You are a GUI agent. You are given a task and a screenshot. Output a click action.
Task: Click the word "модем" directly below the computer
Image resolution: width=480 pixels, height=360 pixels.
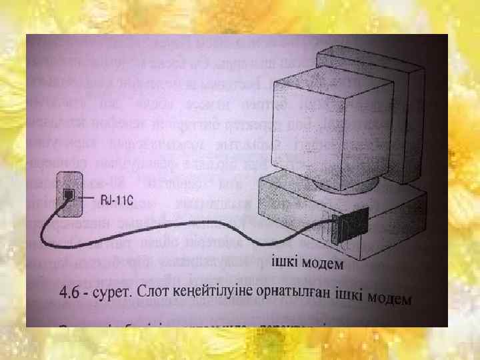325,264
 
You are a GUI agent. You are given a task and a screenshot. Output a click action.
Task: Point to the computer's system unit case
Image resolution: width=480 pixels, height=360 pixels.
373,220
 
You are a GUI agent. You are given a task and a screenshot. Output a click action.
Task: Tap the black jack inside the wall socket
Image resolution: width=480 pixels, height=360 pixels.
69,194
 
